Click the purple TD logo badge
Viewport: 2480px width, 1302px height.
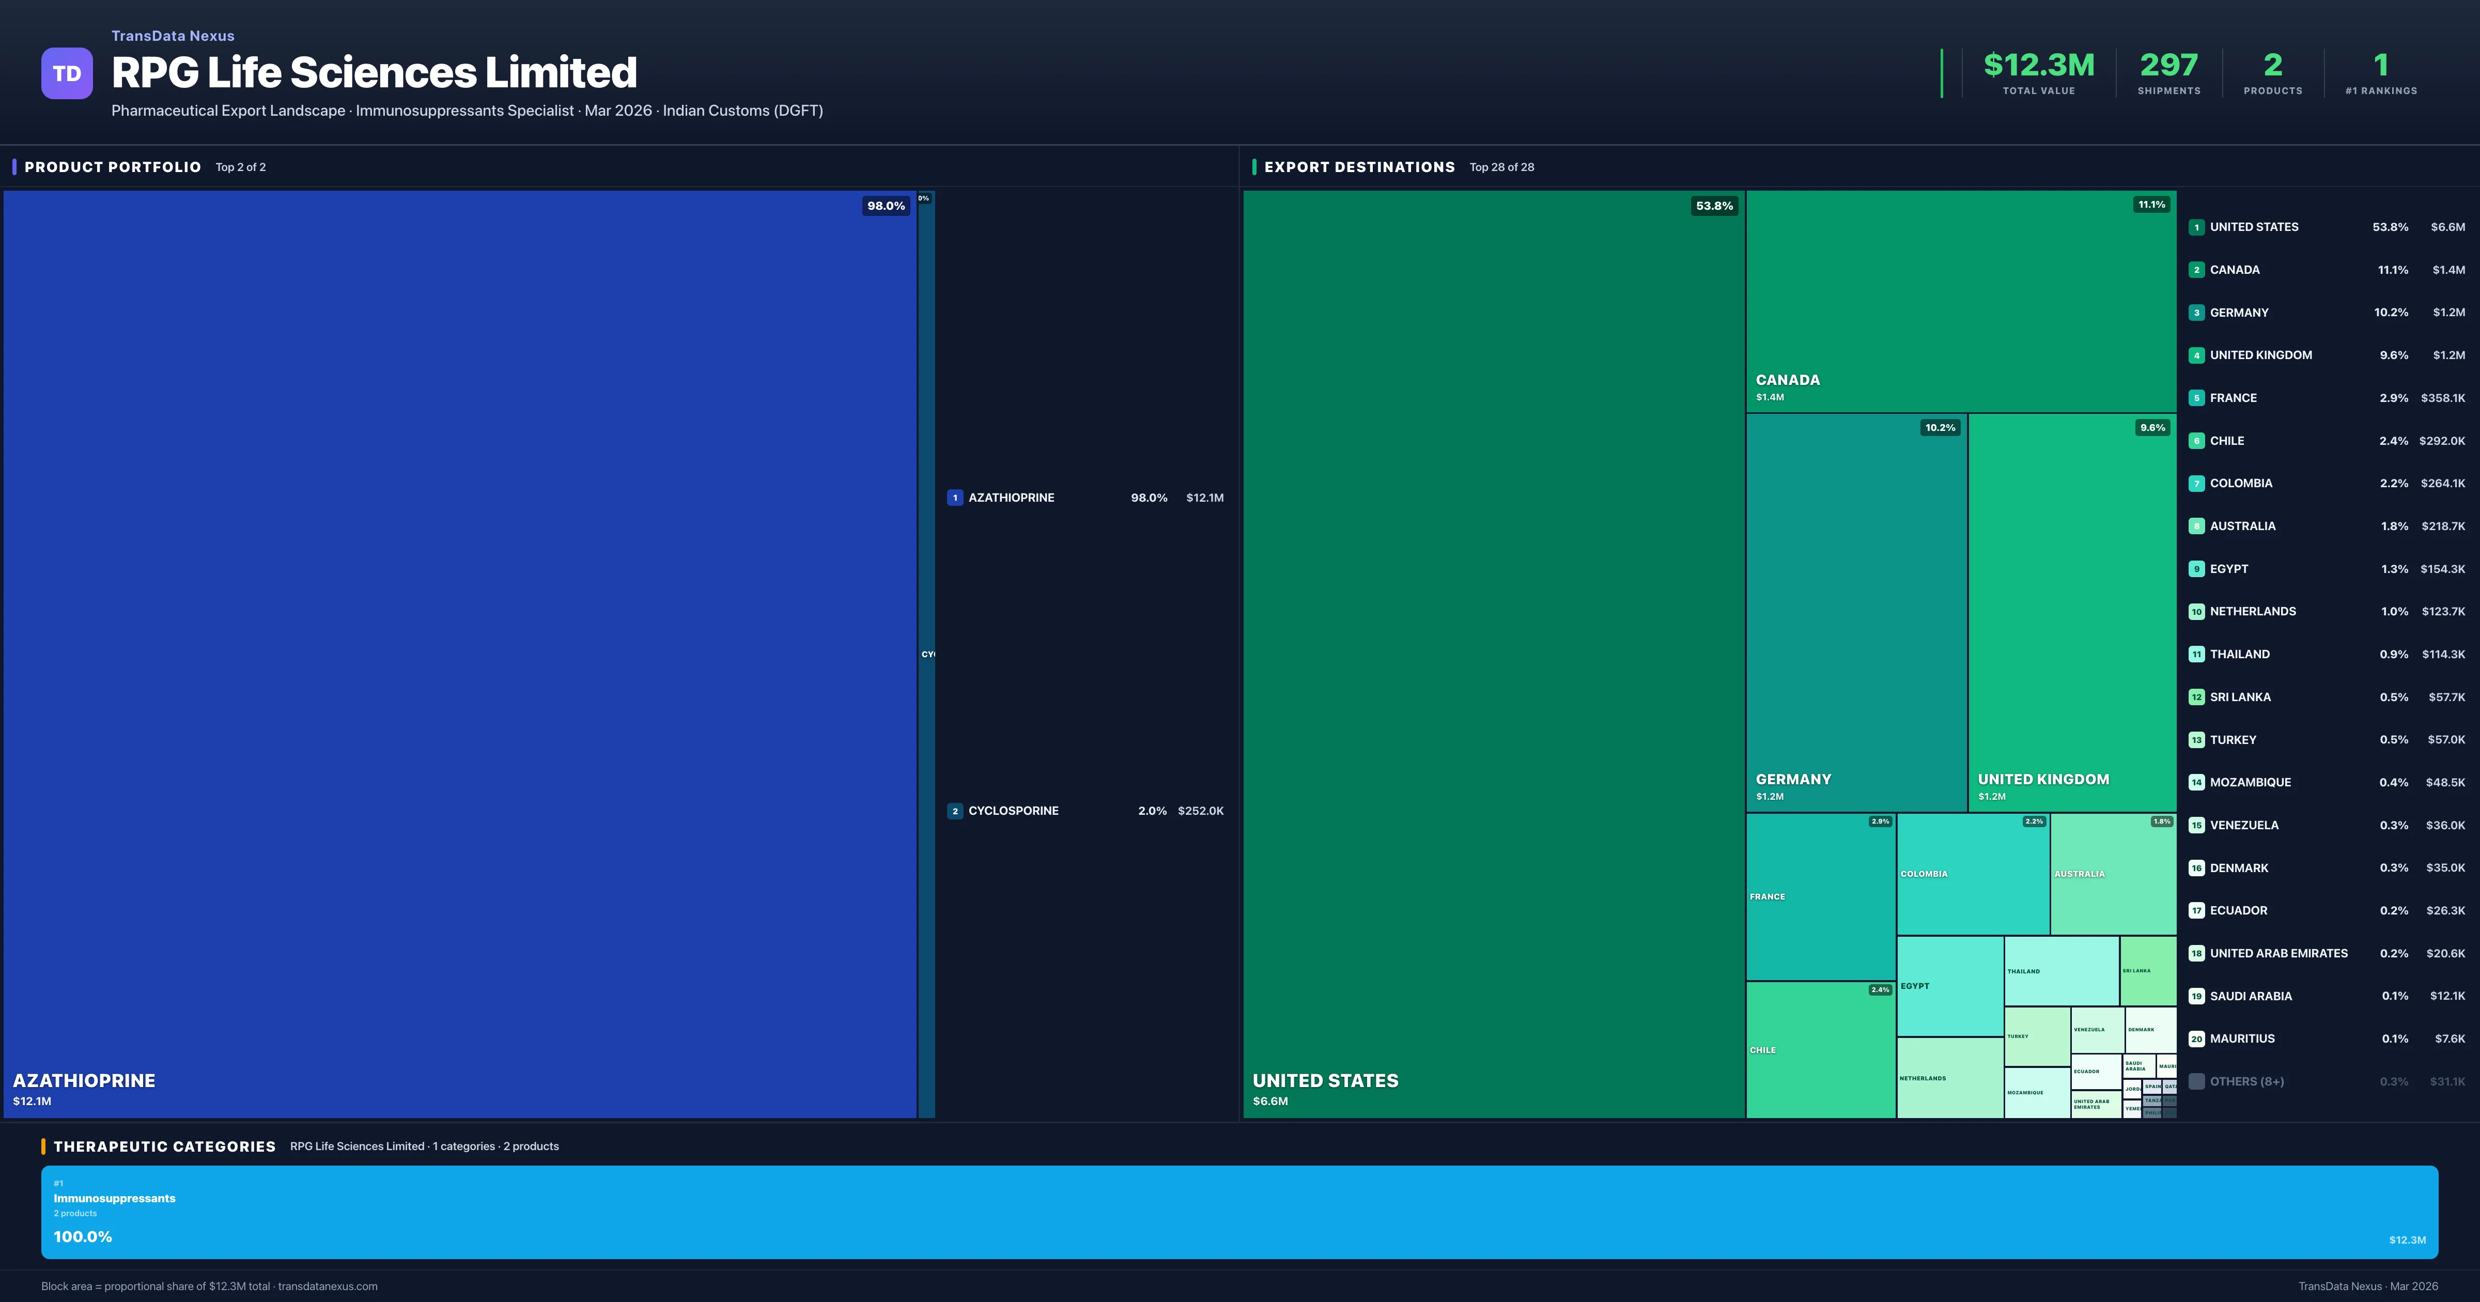(67, 73)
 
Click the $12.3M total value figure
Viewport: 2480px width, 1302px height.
(2038, 66)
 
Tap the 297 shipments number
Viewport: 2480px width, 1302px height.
(2168, 66)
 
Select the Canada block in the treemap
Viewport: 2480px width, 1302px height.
(1960, 301)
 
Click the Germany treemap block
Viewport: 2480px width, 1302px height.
(1855, 612)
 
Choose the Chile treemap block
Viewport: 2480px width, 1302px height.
(1820, 1050)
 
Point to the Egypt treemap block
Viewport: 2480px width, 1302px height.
(1948, 986)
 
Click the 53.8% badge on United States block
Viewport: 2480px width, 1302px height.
(1714, 206)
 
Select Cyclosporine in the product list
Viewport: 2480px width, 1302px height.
(1013, 811)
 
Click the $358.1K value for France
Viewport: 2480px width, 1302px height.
(2442, 398)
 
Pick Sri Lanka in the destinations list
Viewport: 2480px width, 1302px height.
(2239, 697)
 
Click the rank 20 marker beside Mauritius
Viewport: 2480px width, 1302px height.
(2196, 1039)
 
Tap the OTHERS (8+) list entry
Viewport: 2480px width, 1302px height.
(2246, 1081)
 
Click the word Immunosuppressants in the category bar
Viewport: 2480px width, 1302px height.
(115, 1198)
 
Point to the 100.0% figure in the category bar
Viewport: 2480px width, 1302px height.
(83, 1236)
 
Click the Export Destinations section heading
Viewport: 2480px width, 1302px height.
(1358, 167)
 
